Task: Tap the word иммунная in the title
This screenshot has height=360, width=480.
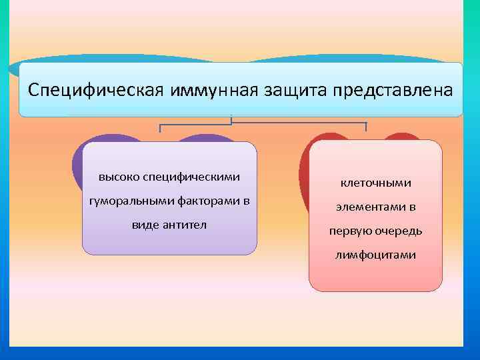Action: point(210,89)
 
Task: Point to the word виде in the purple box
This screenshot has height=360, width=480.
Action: point(145,225)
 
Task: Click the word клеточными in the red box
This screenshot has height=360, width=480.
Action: point(376,183)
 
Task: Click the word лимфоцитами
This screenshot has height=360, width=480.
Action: point(376,255)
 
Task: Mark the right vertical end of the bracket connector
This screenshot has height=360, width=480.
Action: point(367,127)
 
